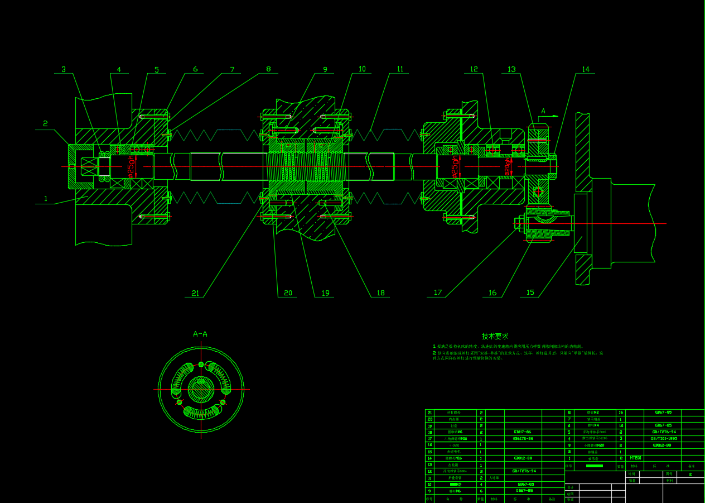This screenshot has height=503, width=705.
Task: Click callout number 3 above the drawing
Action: [64, 70]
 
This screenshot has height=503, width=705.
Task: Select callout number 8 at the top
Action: [268, 70]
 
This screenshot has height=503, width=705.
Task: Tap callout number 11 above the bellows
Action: [400, 69]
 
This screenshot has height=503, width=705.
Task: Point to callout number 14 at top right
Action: [585, 70]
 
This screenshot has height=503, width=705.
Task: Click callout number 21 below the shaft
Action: [195, 293]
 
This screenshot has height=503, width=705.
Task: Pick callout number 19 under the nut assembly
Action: [325, 293]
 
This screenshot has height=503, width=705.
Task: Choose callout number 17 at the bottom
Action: [438, 293]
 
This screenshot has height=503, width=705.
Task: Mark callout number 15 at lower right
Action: [530, 293]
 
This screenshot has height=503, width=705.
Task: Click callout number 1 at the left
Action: [46, 198]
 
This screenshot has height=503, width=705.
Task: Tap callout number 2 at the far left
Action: [46, 124]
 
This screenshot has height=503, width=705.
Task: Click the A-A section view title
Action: [200, 334]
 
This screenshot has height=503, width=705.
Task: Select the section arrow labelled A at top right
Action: [543, 111]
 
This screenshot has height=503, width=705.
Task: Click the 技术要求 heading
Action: [495, 336]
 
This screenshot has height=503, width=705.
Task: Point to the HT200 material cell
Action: [635, 458]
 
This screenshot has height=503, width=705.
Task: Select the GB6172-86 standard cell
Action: [523, 439]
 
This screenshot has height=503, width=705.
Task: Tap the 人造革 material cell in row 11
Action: [494, 478]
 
